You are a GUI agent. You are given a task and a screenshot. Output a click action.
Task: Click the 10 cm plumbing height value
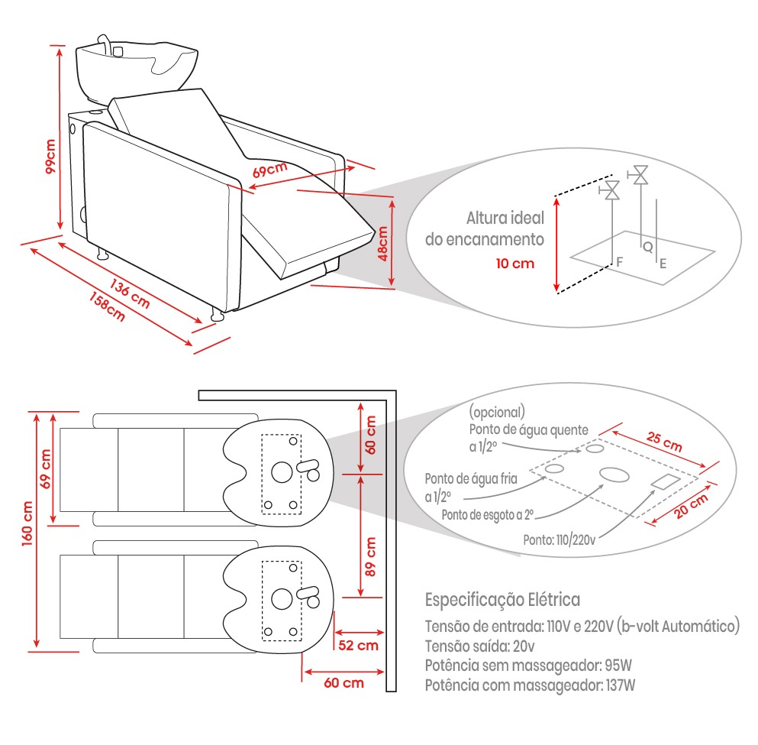pyautogui.click(x=514, y=264)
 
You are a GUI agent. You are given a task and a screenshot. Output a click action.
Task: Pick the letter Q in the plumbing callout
pyautogui.click(x=647, y=247)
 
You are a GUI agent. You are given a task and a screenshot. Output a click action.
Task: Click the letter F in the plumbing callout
pyautogui.click(x=620, y=261)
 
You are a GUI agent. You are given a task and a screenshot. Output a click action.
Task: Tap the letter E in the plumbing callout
pyautogui.click(x=663, y=264)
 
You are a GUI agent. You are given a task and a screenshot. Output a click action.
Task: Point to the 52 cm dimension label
pyautogui.click(x=358, y=645)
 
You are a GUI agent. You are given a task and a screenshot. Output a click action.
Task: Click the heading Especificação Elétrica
pyautogui.click(x=502, y=598)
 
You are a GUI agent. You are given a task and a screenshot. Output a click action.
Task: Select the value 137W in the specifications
pyautogui.click(x=619, y=685)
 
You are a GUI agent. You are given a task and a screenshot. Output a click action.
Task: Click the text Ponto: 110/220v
pyautogui.click(x=559, y=539)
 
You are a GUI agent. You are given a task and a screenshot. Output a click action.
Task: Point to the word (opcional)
pyautogui.click(x=497, y=410)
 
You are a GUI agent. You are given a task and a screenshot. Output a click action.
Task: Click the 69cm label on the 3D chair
pyautogui.click(x=270, y=167)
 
